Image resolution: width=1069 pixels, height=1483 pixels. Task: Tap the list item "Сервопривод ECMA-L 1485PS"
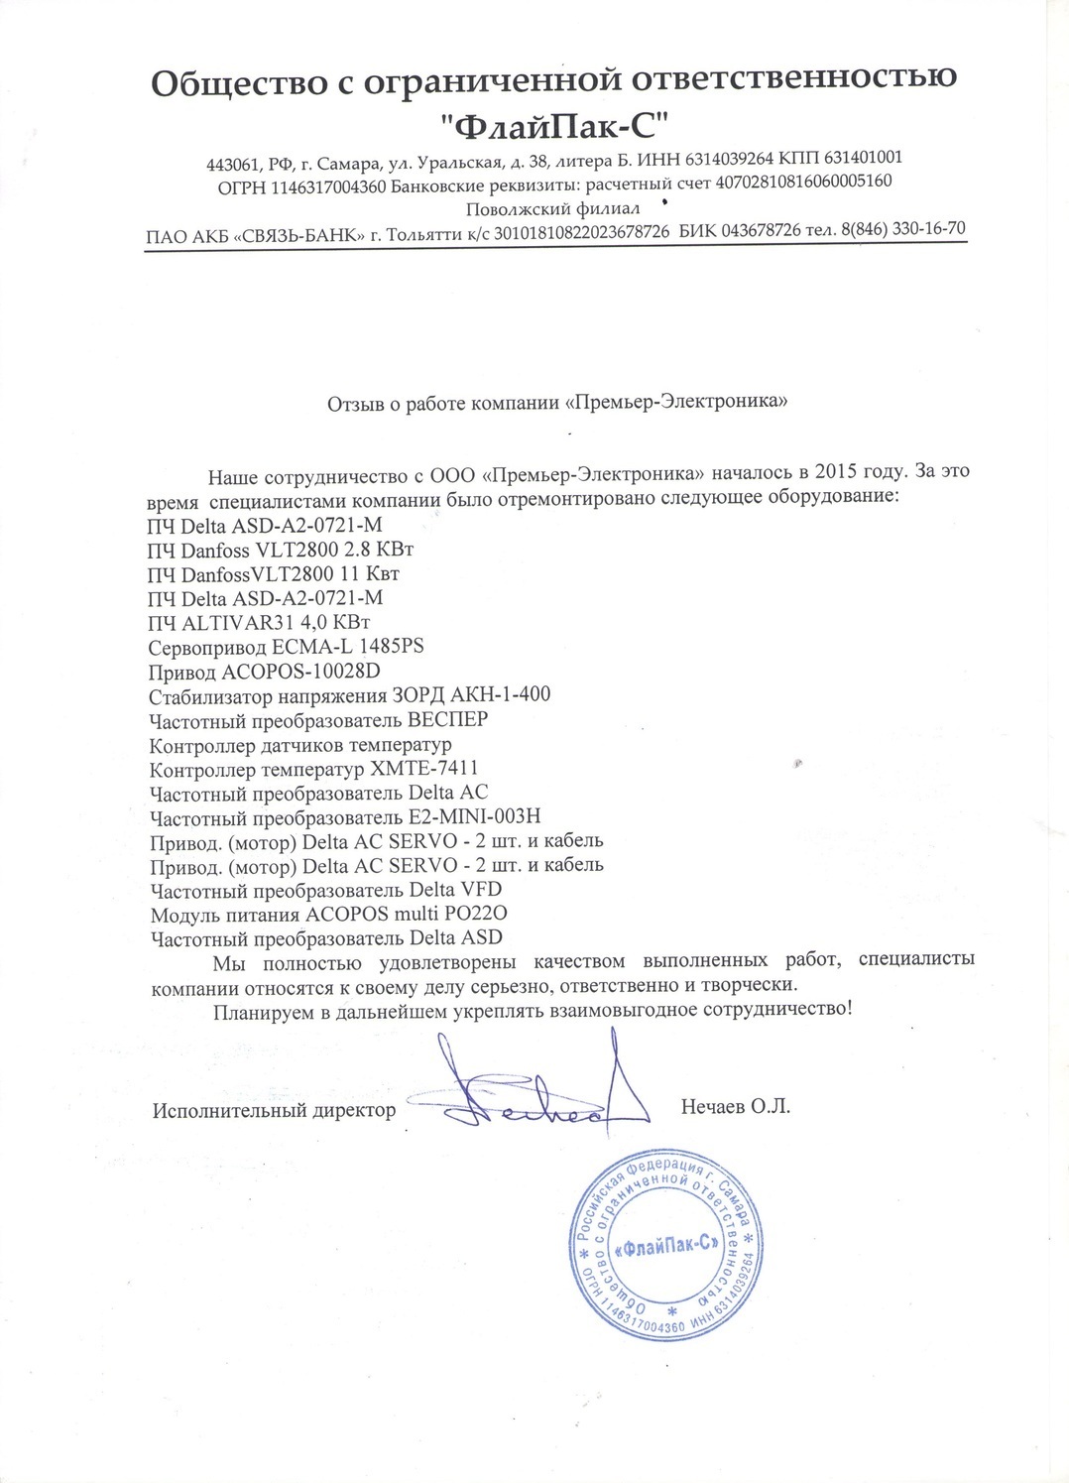click(x=286, y=647)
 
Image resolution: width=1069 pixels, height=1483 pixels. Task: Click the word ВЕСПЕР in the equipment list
click(x=448, y=719)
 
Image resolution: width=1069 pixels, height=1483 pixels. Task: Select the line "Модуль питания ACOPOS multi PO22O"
click(x=328, y=914)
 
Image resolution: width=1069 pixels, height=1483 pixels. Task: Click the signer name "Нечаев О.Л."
click(x=735, y=1106)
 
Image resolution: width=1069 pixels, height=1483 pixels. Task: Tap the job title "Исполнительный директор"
click(x=274, y=1110)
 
